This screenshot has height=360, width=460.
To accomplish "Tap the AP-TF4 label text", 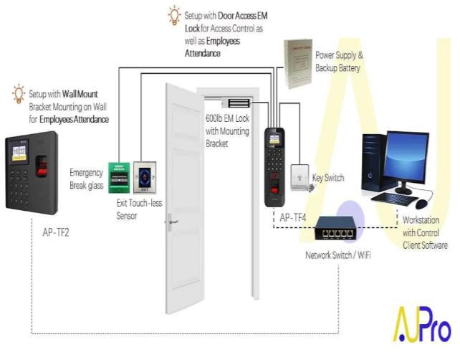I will pyautogui.click(x=294, y=216).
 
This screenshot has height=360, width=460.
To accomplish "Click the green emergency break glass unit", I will pyautogui.click(x=118, y=177).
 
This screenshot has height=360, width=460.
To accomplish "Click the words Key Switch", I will pyautogui.click(x=328, y=178).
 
